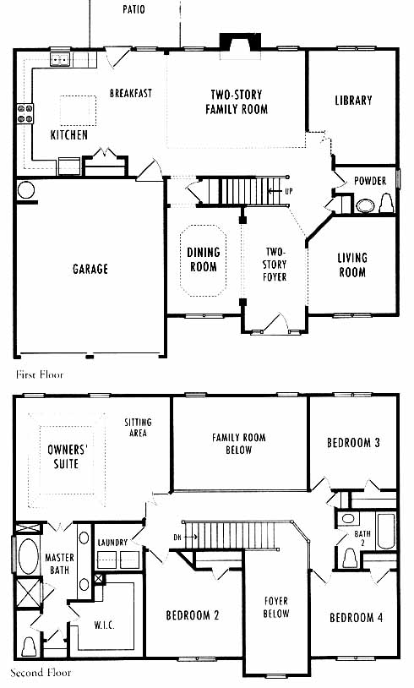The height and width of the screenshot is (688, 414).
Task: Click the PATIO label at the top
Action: pyautogui.click(x=133, y=9)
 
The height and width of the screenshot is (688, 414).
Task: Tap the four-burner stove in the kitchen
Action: pyautogui.click(x=25, y=113)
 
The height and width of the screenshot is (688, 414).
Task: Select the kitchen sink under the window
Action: pyautogui.click(x=60, y=59)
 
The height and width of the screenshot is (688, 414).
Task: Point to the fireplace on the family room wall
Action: pyautogui.click(x=240, y=41)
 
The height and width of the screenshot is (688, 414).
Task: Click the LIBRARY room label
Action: pyautogui.click(x=353, y=101)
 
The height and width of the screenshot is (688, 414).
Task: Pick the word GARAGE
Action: pyautogui.click(x=90, y=269)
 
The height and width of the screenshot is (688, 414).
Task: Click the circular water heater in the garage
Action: pyautogui.click(x=26, y=190)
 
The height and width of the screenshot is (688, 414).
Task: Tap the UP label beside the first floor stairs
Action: pyautogui.click(x=289, y=191)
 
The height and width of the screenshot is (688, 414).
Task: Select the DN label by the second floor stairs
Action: pyautogui.click(x=177, y=537)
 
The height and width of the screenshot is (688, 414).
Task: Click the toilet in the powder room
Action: pyautogui.click(x=386, y=203)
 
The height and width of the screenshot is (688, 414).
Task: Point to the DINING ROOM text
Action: pyautogui.click(x=203, y=259)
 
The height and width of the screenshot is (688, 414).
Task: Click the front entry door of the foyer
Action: pyautogui.click(x=273, y=324)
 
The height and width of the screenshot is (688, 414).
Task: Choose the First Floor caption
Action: pyautogui.click(x=40, y=374)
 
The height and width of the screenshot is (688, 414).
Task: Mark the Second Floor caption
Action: pyautogui.click(x=41, y=673)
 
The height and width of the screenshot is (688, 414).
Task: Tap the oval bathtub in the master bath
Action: pyautogui.click(x=29, y=556)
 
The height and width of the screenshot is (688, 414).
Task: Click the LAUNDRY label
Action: pyautogui.click(x=112, y=543)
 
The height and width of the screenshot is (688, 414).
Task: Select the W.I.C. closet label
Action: pyautogui.click(x=105, y=625)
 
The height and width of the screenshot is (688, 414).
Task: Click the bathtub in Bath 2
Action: pyautogui.click(x=386, y=531)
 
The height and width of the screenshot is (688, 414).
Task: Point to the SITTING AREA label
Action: pyautogui.click(x=139, y=428)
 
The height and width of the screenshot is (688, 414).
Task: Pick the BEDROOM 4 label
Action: pyautogui.click(x=356, y=618)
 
